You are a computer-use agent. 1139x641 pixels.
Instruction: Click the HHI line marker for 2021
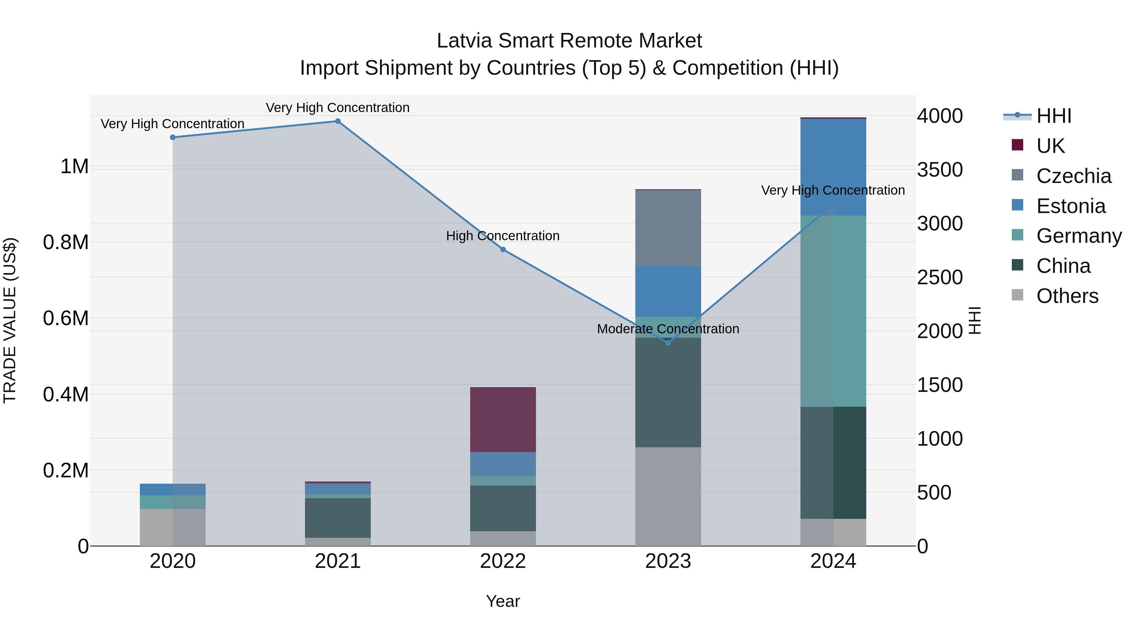pyautogui.click(x=338, y=121)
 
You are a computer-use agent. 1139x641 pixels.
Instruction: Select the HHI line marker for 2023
pyautogui.click(x=668, y=343)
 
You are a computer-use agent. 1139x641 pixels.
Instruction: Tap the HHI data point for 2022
pyautogui.click(x=503, y=249)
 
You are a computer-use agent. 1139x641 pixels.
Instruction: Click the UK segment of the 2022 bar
pyautogui.click(x=503, y=419)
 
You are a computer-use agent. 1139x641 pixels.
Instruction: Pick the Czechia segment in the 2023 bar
pyautogui.click(x=668, y=228)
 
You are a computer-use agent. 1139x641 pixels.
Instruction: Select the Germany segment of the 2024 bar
pyautogui.click(x=833, y=311)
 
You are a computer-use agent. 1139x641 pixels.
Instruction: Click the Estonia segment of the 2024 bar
pyautogui.click(x=833, y=167)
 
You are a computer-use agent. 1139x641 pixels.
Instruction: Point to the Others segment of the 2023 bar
pyautogui.click(x=668, y=496)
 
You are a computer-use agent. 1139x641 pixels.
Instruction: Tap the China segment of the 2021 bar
pyautogui.click(x=338, y=518)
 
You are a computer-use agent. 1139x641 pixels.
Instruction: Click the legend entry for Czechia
pyautogui.click(x=1073, y=176)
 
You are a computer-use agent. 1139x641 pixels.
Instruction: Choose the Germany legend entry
pyautogui.click(x=1079, y=236)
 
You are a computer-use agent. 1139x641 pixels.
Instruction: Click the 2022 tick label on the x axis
pyautogui.click(x=503, y=561)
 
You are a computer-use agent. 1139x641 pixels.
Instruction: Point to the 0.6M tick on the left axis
pyautogui.click(x=65, y=318)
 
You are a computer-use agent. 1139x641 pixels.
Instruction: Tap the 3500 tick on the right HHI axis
pyautogui.click(x=940, y=170)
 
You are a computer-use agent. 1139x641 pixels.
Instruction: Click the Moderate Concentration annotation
pyautogui.click(x=668, y=329)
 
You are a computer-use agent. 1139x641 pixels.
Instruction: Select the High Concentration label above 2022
pyautogui.click(x=503, y=236)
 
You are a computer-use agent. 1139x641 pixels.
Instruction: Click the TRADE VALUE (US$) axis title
pyautogui.click(x=10, y=320)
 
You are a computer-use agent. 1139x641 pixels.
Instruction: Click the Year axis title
pyautogui.click(x=503, y=601)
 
